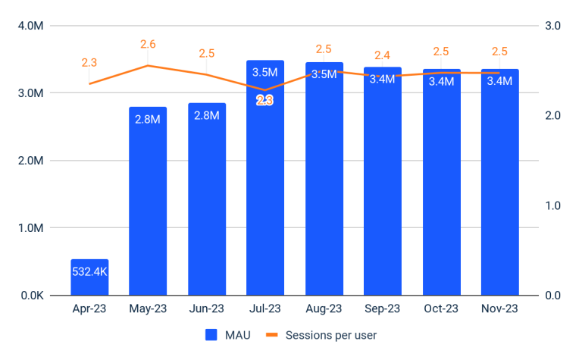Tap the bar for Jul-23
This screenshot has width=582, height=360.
click(265, 189)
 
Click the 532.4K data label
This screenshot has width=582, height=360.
click(89, 271)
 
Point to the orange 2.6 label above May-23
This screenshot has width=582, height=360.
click(148, 45)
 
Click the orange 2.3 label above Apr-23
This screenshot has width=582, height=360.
click(89, 63)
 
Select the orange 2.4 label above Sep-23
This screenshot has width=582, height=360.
click(383, 55)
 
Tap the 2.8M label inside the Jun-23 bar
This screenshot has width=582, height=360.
click(207, 115)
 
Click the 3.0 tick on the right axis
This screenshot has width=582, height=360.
click(552, 26)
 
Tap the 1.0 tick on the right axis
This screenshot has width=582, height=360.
click(552, 205)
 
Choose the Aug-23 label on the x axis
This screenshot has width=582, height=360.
click(324, 309)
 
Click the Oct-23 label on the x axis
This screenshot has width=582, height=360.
click(441, 309)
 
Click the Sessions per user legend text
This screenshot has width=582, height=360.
click(331, 334)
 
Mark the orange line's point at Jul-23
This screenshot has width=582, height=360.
click(265, 90)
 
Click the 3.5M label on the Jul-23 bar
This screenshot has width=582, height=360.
click(265, 73)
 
